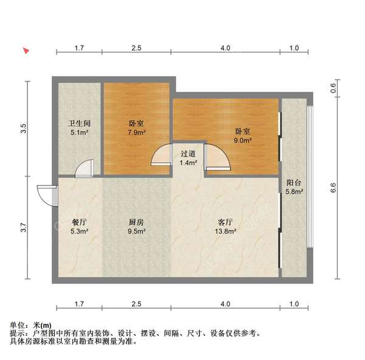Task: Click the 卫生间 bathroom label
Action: click(80, 123)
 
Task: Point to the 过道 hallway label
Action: click(189, 154)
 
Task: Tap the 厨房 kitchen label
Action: click(136, 222)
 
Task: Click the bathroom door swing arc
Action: click(84, 168)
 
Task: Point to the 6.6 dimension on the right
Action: click(333, 187)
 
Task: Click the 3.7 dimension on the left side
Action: click(24, 228)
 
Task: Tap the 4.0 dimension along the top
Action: click(225, 47)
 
